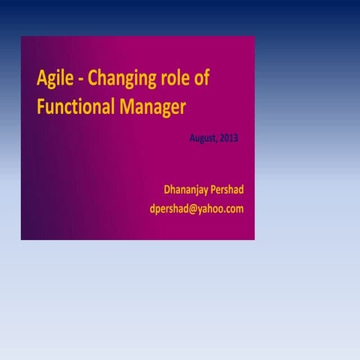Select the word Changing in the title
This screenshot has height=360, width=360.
pyautogui.click(x=121, y=79)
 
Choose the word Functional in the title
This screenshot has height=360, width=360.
pyautogui.click(x=74, y=107)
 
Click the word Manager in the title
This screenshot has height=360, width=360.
pyautogui.click(x=151, y=108)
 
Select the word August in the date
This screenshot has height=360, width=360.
pyautogui.click(x=205, y=138)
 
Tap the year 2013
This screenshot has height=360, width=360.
pyautogui.click(x=229, y=138)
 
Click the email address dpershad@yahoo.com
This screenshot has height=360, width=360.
pyautogui.click(x=196, y=209)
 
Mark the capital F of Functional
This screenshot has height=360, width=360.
pyautogui.click(x=40, y=107)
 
